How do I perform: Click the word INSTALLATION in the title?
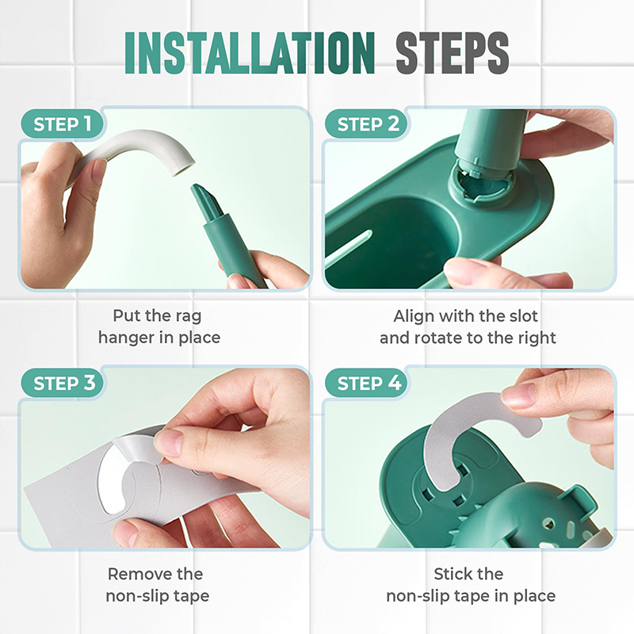coord(250,53)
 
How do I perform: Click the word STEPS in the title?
coord(452,53)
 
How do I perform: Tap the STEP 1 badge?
coord(63,124)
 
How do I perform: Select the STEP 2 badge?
coord(368,124)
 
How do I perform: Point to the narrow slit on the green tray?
coord(349,246)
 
